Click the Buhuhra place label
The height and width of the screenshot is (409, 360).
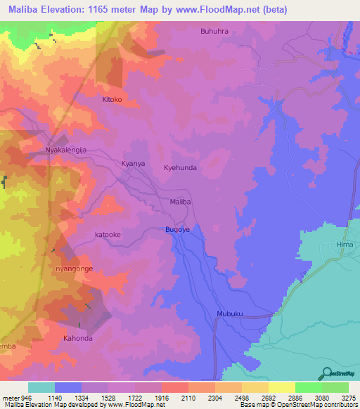[214, 31]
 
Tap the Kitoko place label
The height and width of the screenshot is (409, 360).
[112, 100]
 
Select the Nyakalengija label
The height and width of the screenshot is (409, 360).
[65, 150]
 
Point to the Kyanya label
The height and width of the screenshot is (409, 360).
[133, 163]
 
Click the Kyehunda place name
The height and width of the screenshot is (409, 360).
[180, 169]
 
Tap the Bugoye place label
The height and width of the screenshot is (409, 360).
[178, 229]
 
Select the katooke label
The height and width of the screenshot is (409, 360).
[109, 235]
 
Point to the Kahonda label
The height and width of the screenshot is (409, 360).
[77, 338]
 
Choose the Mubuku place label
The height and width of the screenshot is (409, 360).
[229, 314]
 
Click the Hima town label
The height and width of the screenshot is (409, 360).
[345, 244]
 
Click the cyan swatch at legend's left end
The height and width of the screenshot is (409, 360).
[41, 387]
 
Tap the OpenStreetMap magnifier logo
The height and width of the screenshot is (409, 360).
[326, 373]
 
